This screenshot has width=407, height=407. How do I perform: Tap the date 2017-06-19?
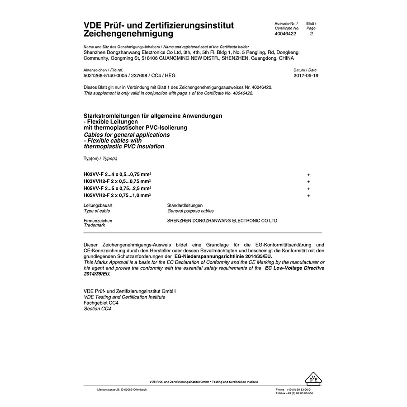click(x=306, y=76)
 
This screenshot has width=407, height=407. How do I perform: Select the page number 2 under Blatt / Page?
click(x=311, y=34)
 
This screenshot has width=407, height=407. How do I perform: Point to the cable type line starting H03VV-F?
click(x=118, y=174)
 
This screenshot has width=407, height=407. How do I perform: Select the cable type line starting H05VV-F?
click(x=118, y=188)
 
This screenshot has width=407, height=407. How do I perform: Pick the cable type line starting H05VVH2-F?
click(x=117, y=195)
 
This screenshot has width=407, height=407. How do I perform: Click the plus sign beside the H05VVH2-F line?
click(x=308, y=196)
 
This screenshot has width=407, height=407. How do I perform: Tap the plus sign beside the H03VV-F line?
click(x=308, y=175)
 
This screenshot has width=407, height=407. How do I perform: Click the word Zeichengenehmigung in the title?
click(x=128, y=34)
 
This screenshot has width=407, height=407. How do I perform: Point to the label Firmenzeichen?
click(x=98, y=221)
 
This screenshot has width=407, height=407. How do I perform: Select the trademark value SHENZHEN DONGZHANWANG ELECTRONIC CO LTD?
click(x=222, y=221)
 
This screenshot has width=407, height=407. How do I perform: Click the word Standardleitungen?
click(x=185, y=205)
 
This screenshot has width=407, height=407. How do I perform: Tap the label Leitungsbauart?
click(x=98, y=205)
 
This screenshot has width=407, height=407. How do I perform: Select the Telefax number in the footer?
click(x=294, y=393)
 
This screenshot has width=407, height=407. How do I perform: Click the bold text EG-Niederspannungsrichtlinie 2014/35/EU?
click(x=223, y=256)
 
